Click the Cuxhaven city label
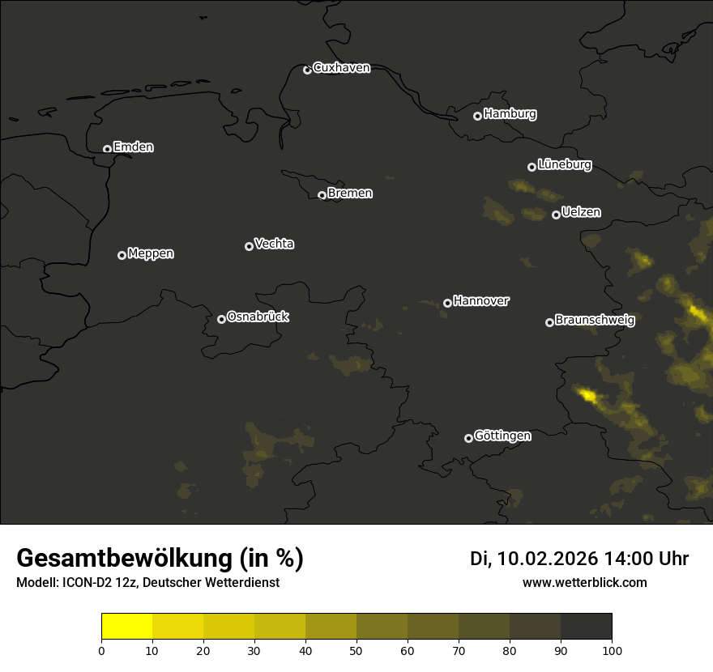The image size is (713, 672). [341, 68]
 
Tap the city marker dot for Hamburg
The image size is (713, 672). [477, 116]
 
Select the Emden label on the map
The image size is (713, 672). [133, 147]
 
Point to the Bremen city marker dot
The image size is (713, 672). [322, 195]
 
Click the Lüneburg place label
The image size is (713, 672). [564, 165]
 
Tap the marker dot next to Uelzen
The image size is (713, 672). [556, 215]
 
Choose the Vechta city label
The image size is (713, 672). [274, 244]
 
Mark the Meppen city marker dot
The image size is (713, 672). [122, 255]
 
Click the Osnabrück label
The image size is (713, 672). [258, 317]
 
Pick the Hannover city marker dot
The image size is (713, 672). [447, 303]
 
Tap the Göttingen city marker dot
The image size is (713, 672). [468, 438]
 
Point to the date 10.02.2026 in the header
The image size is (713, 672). [548, 559]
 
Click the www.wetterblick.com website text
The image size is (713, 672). [584, 583]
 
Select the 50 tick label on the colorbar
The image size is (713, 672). [356, 650]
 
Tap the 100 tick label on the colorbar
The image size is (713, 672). [612, 650]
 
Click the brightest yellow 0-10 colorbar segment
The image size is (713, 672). [126, 627]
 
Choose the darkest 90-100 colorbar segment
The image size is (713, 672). [587, 627]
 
